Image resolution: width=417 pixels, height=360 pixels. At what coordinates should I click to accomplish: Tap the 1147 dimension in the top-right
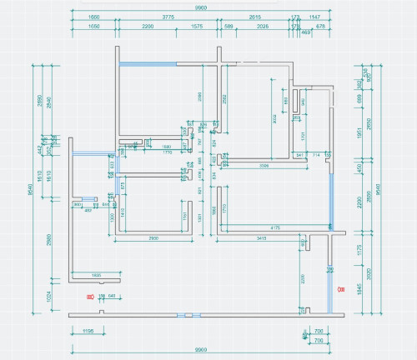point(314,16)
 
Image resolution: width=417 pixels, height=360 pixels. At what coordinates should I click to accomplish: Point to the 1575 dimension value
point(197,27)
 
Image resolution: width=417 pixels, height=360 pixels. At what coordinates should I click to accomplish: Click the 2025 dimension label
point(262,27)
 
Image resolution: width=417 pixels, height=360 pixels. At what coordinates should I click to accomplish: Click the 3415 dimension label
point(260,239)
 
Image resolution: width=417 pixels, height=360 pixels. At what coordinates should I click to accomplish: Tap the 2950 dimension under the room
point(153,239)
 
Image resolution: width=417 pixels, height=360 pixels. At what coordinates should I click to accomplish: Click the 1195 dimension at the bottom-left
point(88,331)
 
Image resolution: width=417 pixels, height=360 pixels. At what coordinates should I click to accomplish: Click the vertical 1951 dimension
point(360,131)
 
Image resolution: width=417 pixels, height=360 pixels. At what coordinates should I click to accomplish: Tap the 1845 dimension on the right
point(360,289)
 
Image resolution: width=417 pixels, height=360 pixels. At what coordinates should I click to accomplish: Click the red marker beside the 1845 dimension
point(339,289)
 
